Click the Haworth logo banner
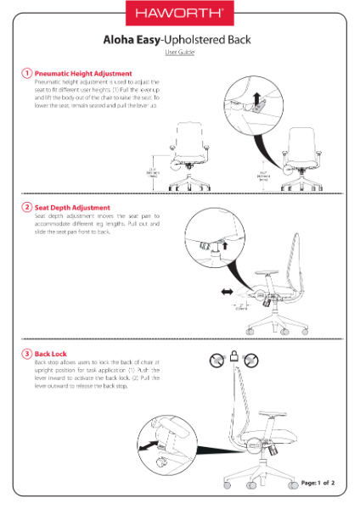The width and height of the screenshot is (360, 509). click(x=180, y=14)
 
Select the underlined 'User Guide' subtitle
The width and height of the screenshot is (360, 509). click(x=180, y=53)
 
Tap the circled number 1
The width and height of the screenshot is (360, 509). click(x=27, y=74)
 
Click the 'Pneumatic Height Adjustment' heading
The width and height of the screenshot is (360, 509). click(x=83, y=74)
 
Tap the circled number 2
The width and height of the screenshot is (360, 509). click(x=27, y=207)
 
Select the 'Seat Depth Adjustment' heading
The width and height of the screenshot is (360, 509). click(x=72, y=207)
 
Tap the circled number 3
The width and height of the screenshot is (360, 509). click(x=27, y=352)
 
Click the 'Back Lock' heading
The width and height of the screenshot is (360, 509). click(x=52, y=352)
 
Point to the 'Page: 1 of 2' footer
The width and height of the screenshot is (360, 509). click(x=318, y=483)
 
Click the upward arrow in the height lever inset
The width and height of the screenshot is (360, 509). click(x=257, y=98)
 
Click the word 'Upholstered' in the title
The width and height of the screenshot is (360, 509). click(x=197, y=40)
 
